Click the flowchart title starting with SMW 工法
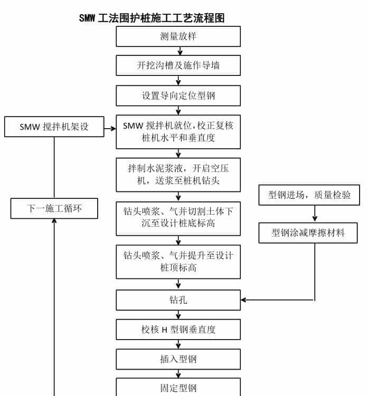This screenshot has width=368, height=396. [152, 18]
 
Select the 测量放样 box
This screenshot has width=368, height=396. [178, 36]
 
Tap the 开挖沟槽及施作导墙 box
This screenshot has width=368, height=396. [178, 66]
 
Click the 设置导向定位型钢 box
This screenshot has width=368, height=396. [178, 95]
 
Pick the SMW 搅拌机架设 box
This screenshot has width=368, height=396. [54, 127]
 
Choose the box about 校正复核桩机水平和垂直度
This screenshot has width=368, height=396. [178, 132]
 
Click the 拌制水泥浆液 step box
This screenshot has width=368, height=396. [178, 175]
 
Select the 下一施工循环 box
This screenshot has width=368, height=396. [54, 208]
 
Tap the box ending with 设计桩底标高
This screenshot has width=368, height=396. [178, 218]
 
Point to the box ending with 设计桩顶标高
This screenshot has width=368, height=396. [178, 262]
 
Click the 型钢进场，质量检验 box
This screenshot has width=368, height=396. [309, 195]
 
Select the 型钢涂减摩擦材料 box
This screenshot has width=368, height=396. [308, 233]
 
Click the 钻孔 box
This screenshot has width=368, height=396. [178, 300]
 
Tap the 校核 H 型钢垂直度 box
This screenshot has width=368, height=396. [178, 330]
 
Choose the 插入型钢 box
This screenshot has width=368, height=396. [178, 359]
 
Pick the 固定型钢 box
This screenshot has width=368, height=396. [178, 388]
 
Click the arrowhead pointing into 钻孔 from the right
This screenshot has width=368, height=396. [244, 301]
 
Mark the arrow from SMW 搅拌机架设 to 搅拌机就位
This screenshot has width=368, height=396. [110, 128]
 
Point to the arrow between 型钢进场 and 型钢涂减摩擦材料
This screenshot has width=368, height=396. [315, 214]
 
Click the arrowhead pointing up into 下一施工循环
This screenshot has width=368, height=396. [54, 221]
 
